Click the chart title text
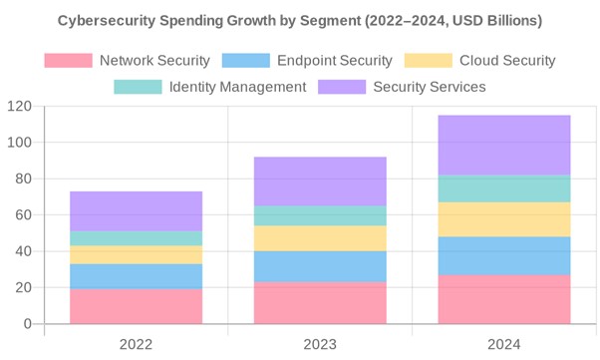(300, 20)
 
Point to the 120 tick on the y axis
(19, 107)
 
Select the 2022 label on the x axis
(136, 345)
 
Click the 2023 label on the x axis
(320, 345)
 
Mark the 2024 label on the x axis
(504, 345)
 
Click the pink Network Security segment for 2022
(136, 306)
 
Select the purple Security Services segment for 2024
(504, 146)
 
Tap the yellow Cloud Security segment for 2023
(320, 238)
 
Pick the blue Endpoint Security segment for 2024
(504, 255)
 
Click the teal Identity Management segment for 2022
(136, 238)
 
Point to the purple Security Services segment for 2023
(320, 181)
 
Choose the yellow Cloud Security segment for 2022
(136, 254)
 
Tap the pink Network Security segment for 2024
(504, 299)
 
